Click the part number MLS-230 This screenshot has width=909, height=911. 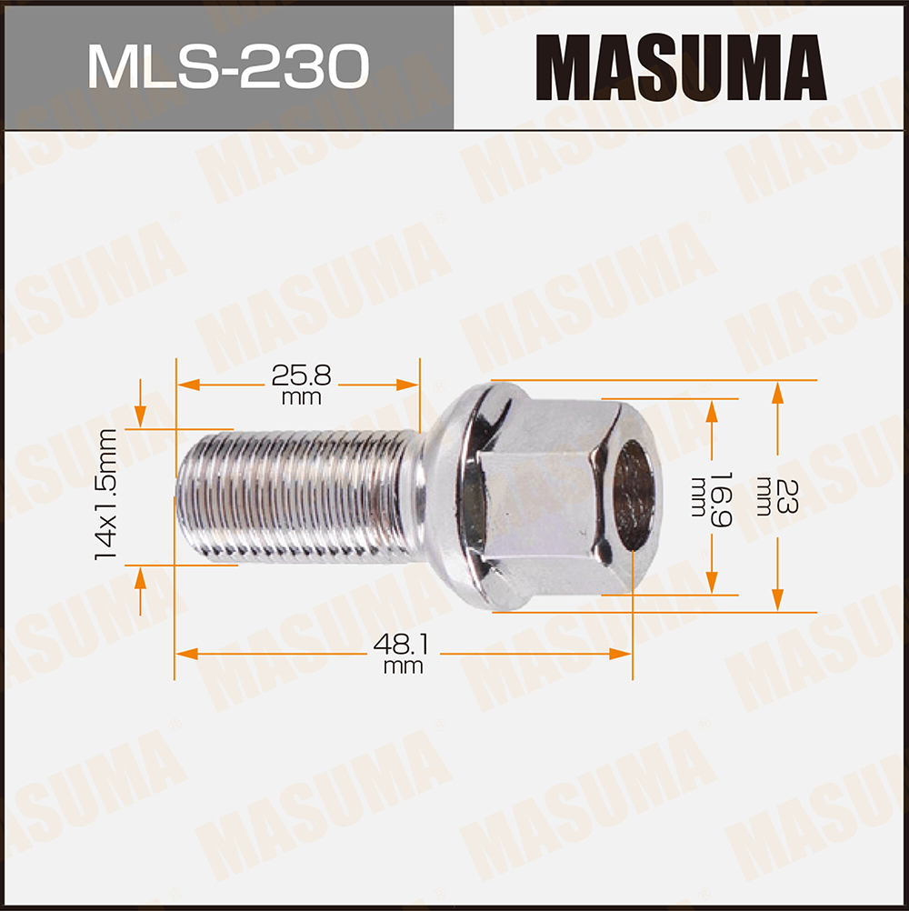[x=227, y=66]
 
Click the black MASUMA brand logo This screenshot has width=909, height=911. [x=681, y=67]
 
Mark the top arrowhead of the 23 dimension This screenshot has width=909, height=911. [x=777, y=392]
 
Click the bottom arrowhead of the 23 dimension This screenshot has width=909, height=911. [x=777, y=601]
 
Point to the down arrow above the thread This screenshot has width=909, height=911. [x=140, y=416]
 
